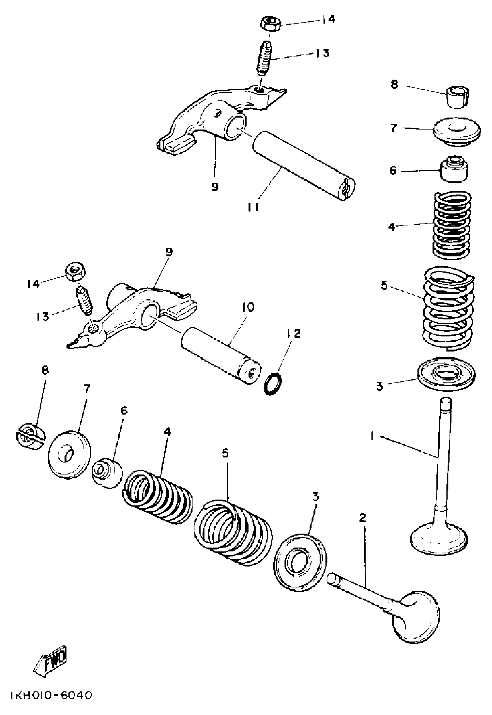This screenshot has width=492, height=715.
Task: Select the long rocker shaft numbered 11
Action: [304, 166]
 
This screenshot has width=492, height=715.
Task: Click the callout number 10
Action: [249, 307]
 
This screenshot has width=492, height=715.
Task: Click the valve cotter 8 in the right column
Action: [458, 97]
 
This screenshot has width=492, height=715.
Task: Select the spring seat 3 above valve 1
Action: [446, 374]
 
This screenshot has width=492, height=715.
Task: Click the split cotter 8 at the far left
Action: [30, 436]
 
